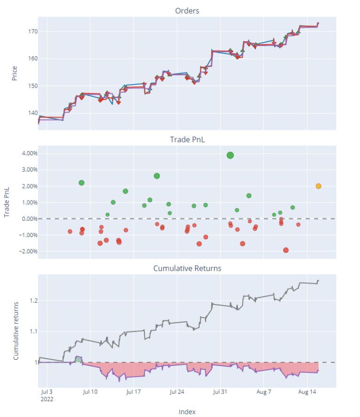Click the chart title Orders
coord(187,11)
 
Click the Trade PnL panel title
coord(187,139)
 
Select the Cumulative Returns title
coord(187,268)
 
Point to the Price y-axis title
coord(15,73)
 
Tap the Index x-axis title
coord(187,411)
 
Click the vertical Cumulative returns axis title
coord(16,331)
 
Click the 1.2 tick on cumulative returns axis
coord(32,300)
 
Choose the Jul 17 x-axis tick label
coord(134,392)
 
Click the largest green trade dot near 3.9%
coord(230,155)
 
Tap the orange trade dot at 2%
coord(319,186)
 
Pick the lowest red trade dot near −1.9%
coord(286,250)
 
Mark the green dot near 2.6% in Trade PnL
coord(157,176)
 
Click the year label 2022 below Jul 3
coord(47,399)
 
